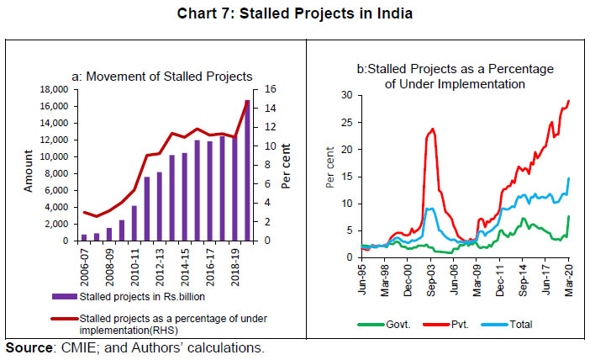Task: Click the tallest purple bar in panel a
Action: [x=247, y=171]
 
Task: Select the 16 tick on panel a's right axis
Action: [x=263, y=89]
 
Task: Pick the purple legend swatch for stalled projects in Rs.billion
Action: [x=61, y=297]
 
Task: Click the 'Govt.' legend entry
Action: [x=392, y=324]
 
